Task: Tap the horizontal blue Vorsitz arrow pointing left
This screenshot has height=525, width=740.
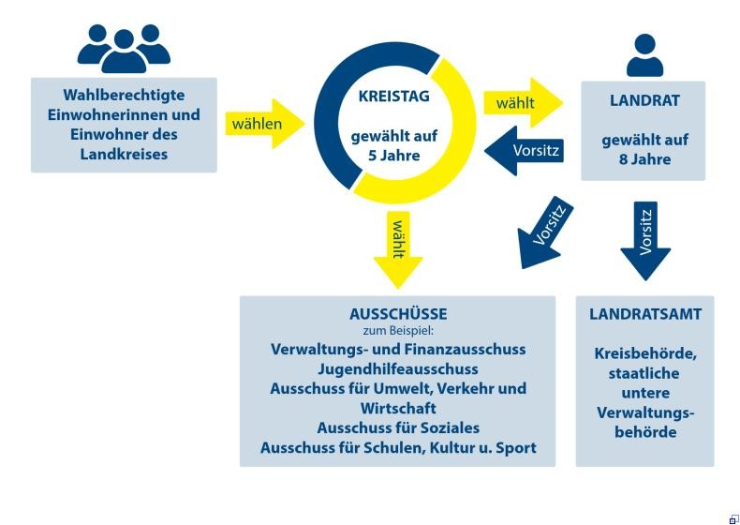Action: click(525, 151)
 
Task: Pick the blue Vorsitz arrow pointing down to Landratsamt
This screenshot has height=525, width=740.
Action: click(645, 238)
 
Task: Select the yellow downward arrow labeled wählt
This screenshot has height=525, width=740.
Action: click(398, 247)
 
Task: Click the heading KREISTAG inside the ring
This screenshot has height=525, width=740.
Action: click(392, 96)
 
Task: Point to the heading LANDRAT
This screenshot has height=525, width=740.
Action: click(644, 100)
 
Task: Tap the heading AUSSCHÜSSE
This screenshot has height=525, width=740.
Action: click(398, 314)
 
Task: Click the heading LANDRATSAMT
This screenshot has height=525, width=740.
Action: click(645, 314)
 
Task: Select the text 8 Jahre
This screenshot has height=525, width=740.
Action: click(644, 159)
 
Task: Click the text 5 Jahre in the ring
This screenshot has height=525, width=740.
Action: click(393, 156)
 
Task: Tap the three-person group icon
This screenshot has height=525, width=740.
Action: click(124, 48)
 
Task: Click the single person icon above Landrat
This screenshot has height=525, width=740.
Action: click(644, 54)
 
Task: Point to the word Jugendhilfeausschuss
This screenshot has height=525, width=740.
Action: click(398, 368)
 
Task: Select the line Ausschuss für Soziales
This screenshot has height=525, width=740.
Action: click(398, 427)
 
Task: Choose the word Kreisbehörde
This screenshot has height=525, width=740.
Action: click(644, 353)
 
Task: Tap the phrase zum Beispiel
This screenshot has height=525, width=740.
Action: click(398, 331)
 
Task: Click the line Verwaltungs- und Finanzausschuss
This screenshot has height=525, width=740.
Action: click(398, 349)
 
